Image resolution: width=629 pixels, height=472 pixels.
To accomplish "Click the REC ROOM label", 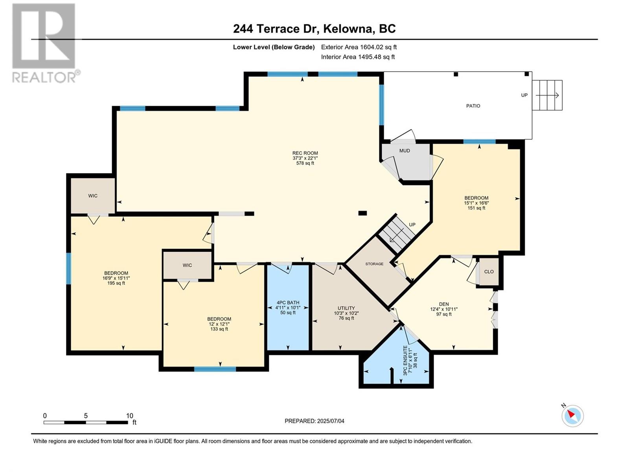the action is (x=305, y=153).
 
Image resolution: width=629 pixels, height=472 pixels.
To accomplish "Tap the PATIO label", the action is (x=473, y=106).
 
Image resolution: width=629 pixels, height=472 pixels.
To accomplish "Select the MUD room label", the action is (x=405, y=151).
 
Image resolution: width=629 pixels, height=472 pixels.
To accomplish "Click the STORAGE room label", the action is (x=374, y=264).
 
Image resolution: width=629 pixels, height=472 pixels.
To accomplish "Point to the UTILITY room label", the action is (x=346, y=308).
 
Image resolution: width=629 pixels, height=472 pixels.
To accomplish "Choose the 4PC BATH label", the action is (x=288, y=302).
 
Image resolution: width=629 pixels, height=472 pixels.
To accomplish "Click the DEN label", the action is (x=444, y=304).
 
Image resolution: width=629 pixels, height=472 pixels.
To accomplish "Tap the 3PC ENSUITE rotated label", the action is (x=405, y=361).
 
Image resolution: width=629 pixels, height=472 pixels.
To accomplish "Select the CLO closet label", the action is (x=489, y=271).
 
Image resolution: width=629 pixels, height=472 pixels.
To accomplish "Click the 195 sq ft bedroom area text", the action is (x=116, y=283).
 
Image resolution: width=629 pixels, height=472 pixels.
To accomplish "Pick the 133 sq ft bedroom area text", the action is (x=219, y=329).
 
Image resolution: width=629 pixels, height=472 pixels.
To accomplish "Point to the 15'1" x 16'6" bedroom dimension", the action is (x=476, y=203).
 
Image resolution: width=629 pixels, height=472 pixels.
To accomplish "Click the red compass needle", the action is (x=571, y=414).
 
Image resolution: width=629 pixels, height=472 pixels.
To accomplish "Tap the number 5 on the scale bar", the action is (x=86, y=416).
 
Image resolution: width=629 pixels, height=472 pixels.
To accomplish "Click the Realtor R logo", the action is (x=44, y=36).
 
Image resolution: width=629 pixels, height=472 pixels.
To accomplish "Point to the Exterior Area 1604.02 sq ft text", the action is (x=359, y=47).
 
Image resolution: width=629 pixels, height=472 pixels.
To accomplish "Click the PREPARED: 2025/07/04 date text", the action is (x=314, y=421).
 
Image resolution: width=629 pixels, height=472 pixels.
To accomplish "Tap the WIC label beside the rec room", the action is (x=92, y=196).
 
